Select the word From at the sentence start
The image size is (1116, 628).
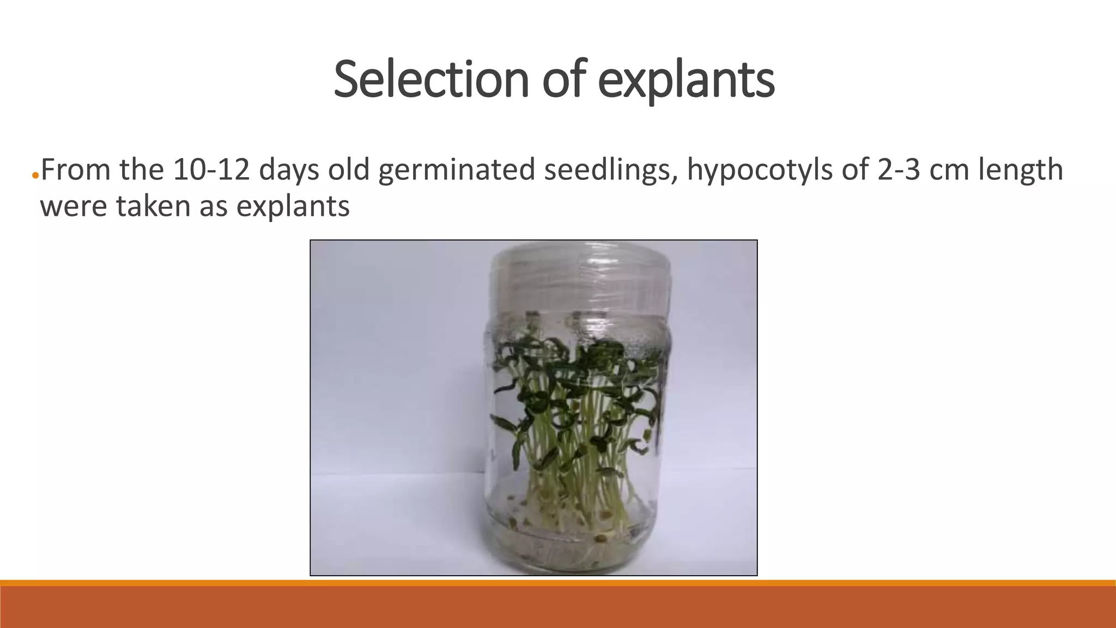tap(75, 170)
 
